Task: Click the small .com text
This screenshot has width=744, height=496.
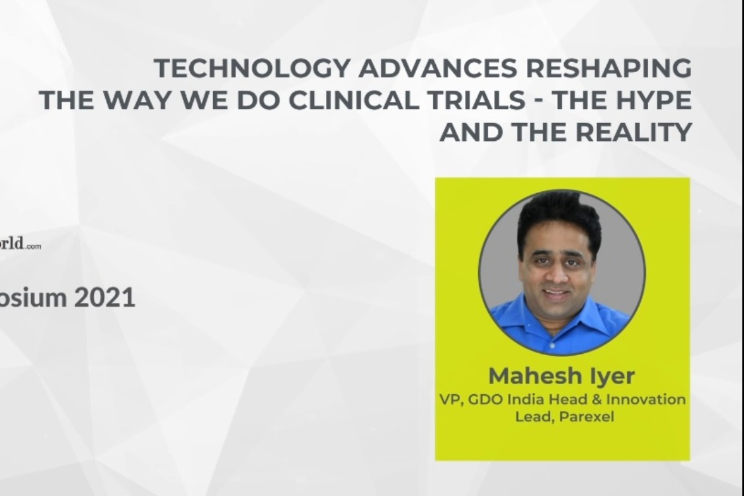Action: tap(34, 247)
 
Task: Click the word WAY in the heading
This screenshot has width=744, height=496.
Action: tap(128, 101)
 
